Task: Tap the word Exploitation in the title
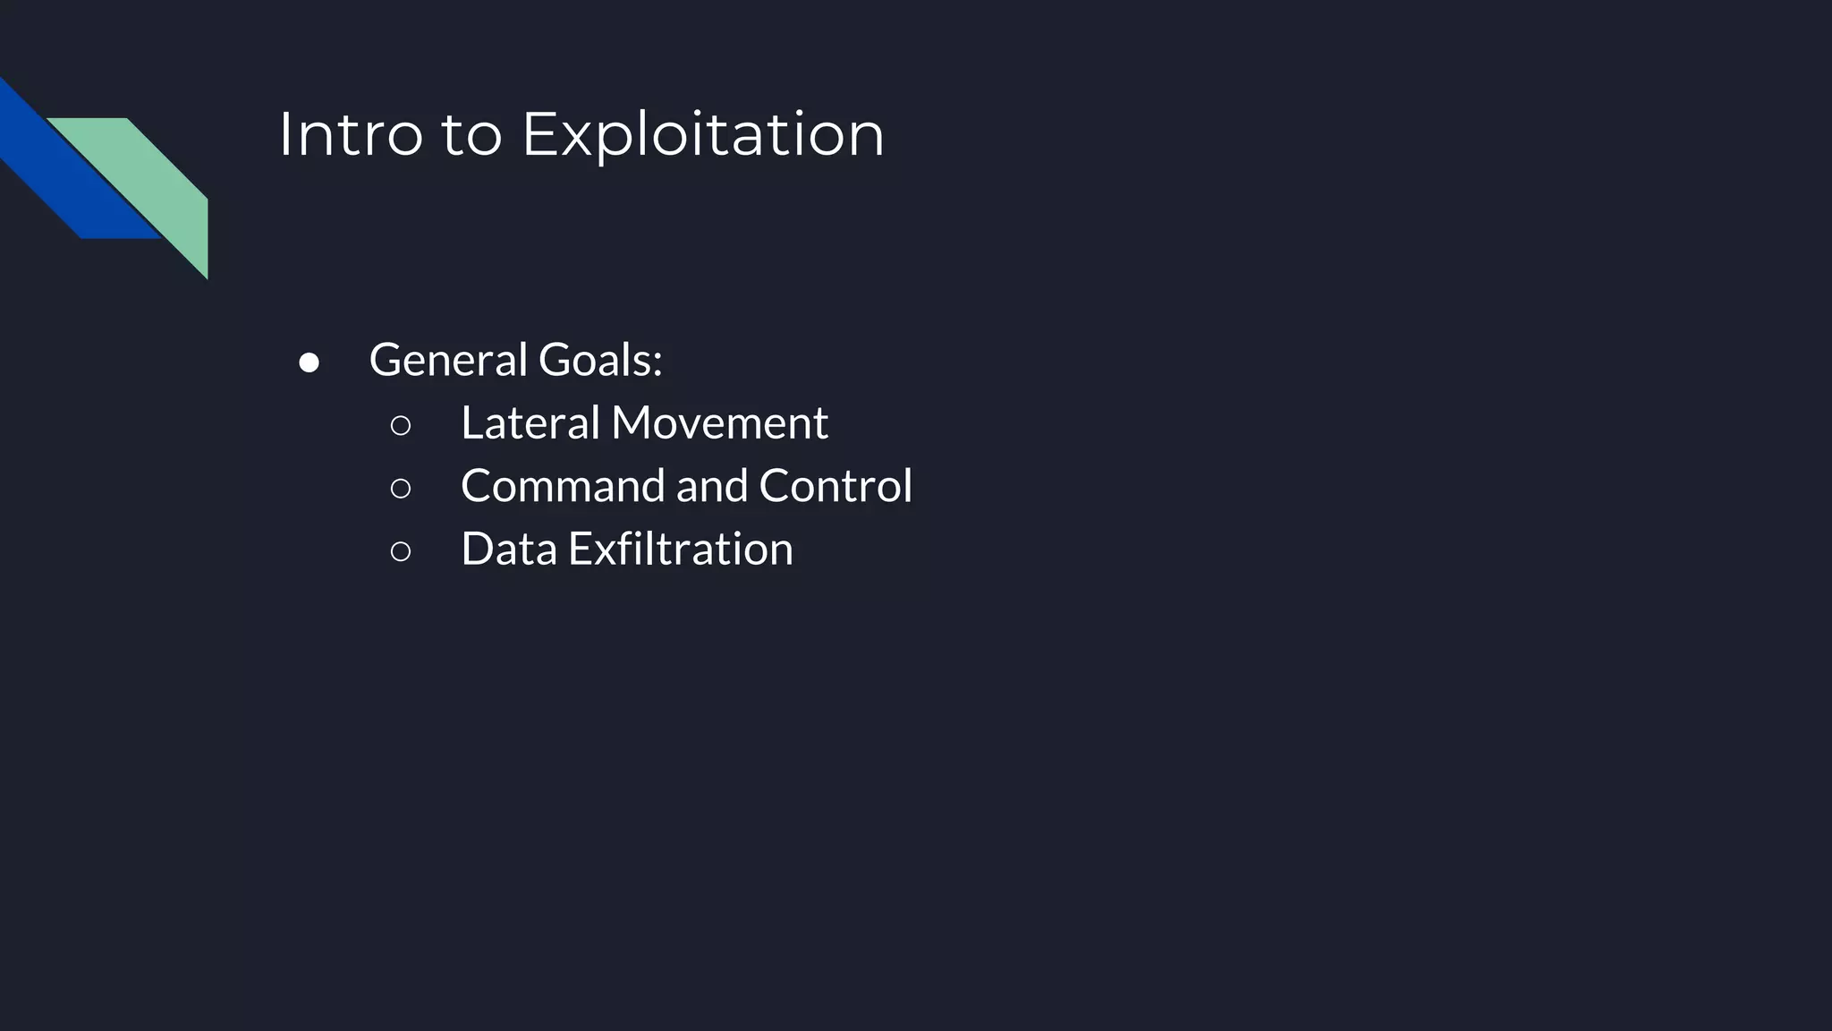(x=703, y=134)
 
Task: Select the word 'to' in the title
(x=471, y=136)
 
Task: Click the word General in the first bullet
(x=449, y=360)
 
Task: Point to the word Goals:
(x=600, y=360)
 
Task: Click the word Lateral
(x=530, y=422)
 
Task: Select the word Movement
(x=719, y=422)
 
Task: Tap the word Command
(x=563, y=486)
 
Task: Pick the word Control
(x=835, y=486)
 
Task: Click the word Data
(x=508, y=549)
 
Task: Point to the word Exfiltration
(x=680, y=549)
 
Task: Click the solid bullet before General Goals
(x=310, y=362)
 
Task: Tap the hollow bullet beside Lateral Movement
(x=401, y=426)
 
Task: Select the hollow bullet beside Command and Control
(x=401, y=489)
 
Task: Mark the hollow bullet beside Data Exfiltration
(x=401, y=551)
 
